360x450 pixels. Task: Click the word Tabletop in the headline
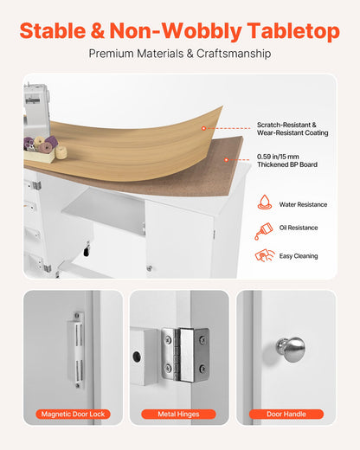click(293, 31)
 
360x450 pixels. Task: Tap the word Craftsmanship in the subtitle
click(234, 54)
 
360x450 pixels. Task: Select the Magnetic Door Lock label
click(73, 415)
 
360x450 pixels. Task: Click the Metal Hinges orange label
click(178, 415)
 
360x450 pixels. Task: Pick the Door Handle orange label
click(286, 415)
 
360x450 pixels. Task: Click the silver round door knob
click(291, 349)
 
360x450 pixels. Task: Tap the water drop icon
click(265, 202)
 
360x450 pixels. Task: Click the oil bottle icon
click(264, 231)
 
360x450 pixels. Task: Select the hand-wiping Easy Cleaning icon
click(265, 255)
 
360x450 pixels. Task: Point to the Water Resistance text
click(303, 204)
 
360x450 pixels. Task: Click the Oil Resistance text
click(299, 228)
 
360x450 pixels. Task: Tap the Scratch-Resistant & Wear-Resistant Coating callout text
click(292, 129)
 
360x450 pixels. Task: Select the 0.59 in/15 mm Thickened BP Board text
click(287, 161)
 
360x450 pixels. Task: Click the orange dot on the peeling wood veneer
click(203, 128)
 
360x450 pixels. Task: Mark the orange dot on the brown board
click(227, 159)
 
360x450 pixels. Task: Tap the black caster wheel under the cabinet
click(87, 251)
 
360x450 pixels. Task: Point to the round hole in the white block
click(137, 357)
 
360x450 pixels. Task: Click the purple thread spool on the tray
click(52, 141)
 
